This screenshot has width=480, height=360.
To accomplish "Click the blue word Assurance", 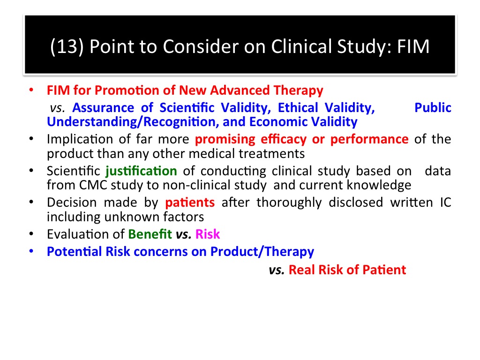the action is point(103,108).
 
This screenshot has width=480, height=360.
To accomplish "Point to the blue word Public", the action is point(433,108).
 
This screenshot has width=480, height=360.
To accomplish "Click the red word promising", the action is point(225,140).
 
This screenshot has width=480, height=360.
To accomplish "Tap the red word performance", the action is point(369,140).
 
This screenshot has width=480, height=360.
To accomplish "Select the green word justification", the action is point(141,171).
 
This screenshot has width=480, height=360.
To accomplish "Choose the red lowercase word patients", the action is point(190,202).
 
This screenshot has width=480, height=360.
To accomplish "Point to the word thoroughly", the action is point(289,202).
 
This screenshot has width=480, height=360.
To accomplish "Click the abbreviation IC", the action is point(445,202).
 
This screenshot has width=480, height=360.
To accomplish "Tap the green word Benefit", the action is point(150,234).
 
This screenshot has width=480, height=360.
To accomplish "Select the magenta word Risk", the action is point(208,234).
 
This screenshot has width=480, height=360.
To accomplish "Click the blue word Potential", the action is point(75,252).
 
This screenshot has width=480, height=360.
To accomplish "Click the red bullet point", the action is point(31,90).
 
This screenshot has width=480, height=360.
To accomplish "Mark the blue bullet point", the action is point(31,251).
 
